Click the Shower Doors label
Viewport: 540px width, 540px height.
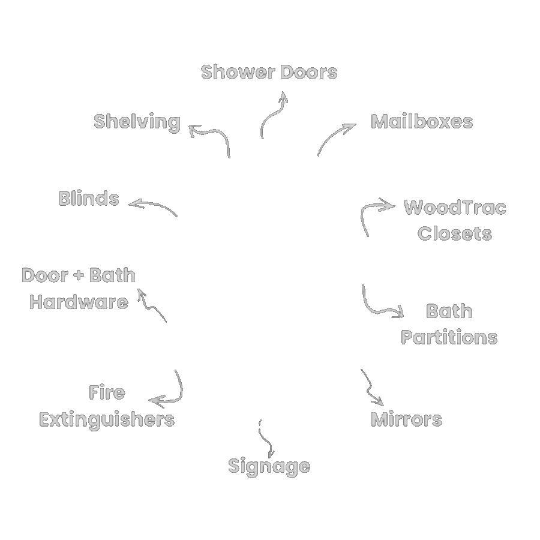pyautogui.click(x=269, y=73)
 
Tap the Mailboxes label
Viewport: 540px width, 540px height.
pyautogui.click(x=422, y=122)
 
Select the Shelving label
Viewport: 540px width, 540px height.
pyautogui.click(x=137, y=122)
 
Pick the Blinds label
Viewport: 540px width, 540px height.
pyautogui.click(x=89, y=199)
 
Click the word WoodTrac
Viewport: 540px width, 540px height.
pyautogui.click(x=455, y=208)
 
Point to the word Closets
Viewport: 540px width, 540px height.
pyautogui.click(x=455, y=233)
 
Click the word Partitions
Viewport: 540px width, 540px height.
pyautogui.click(x=449, y=337)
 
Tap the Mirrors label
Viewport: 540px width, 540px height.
pyautogui.click(x=406, y=419)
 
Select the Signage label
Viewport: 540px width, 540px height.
pyautogui.click(x=269, y=467)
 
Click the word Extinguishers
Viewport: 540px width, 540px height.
pyautogui.click(x=107, y=420)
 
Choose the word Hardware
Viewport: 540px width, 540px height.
pyautogui.click(x=79, y=302)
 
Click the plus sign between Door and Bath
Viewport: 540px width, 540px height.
pyautogui.click(x=79, y=275)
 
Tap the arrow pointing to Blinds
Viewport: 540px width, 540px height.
pyautogui.click(x=155, y=205)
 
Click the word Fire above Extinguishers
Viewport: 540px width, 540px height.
pyautogui.click(x=107, y=392)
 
